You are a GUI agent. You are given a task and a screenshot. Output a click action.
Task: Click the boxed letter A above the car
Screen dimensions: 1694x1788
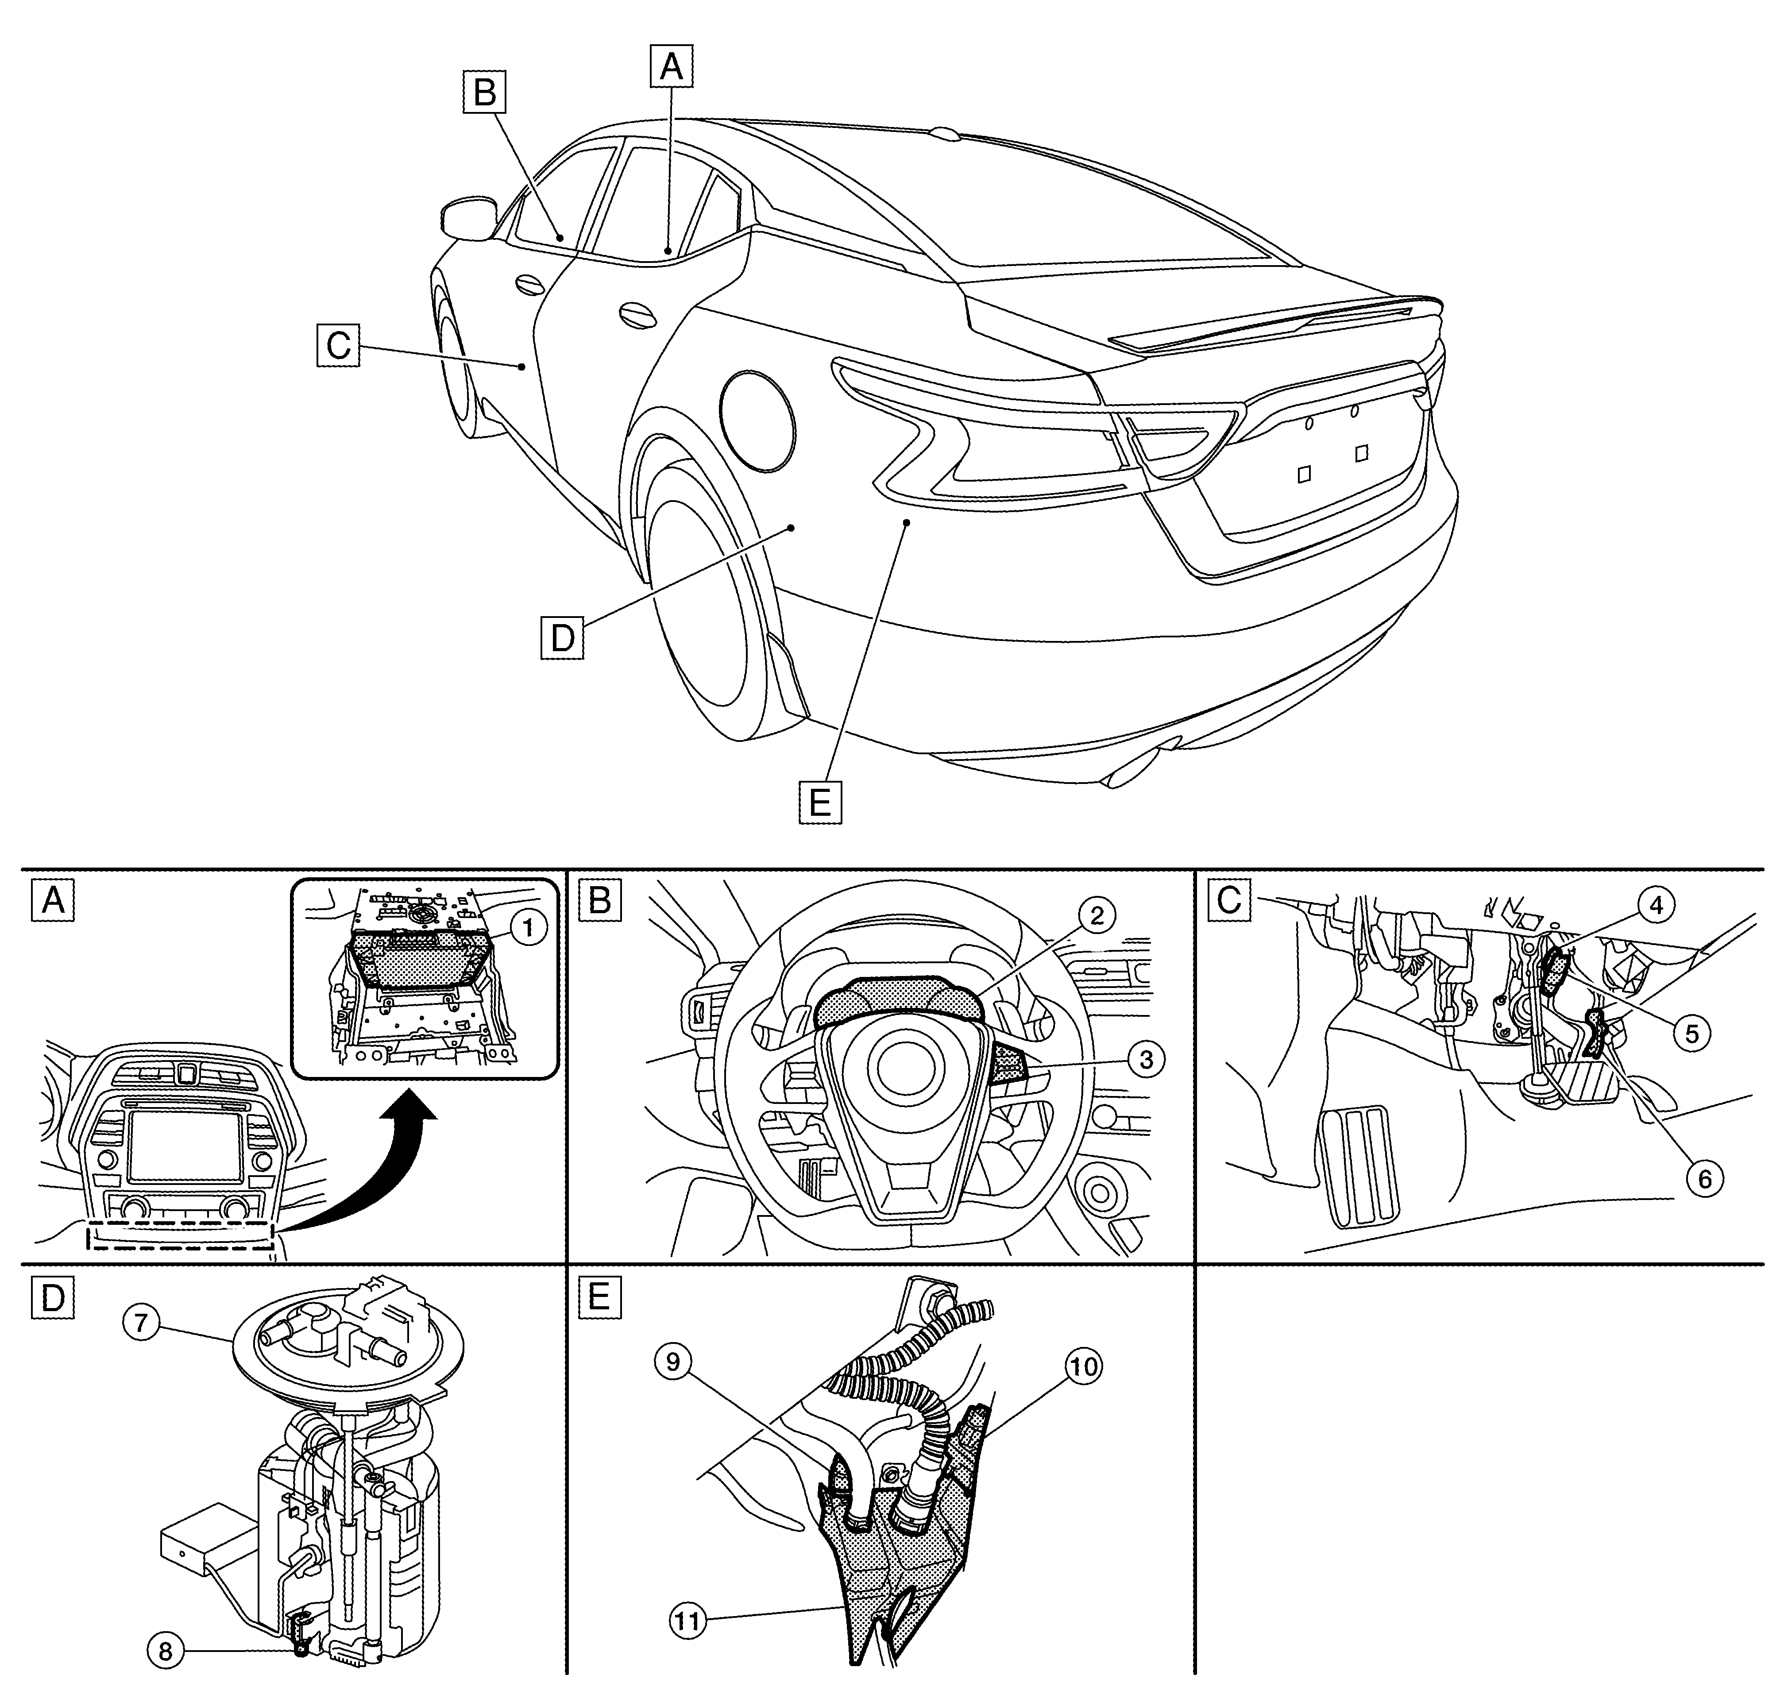point(671,67)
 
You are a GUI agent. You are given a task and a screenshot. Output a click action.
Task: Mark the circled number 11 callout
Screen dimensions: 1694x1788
point(688,1621)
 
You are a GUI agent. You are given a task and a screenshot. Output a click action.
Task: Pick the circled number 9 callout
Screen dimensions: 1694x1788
point(673,1361)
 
